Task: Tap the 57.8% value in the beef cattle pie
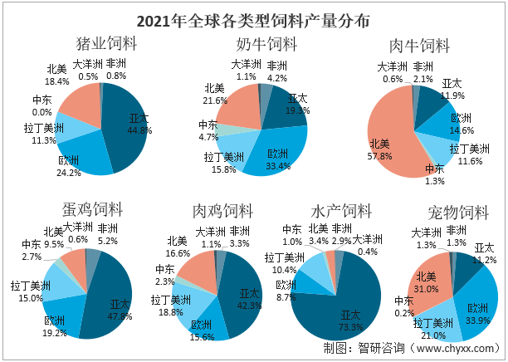tap(381, 156)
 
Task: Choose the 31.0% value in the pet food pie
tap(427, 287)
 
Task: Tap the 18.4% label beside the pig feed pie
tap(56, 81)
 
